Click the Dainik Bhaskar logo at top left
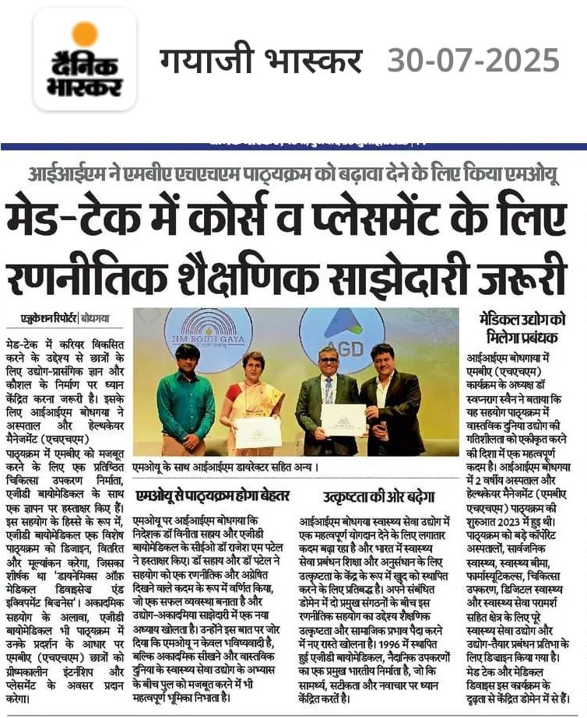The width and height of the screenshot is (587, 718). click(x=85, y=59)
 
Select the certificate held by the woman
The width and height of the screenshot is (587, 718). click(x=257, y=433)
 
